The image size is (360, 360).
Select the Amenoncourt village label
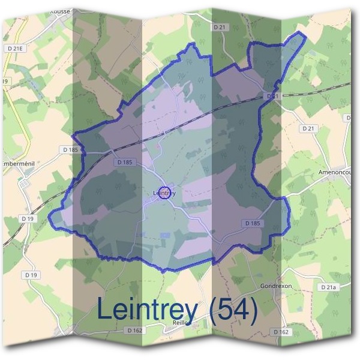340,172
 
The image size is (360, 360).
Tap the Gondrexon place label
276,286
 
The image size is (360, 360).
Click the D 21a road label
328,288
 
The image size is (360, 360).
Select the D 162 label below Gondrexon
280,331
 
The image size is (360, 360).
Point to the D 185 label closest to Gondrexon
253,223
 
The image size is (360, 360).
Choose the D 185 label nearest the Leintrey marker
125,162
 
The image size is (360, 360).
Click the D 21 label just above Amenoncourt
308,128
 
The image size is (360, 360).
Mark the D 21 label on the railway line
273,96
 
